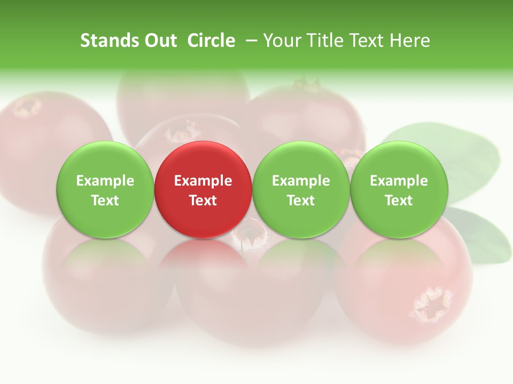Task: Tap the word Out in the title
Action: click(x=159, y=41)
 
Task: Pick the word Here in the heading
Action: click(x=410, y=41)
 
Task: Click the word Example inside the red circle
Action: click(x=203, y=181)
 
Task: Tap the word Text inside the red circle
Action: click(x=203, y=201)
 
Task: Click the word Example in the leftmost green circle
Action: click(x=105, y=181)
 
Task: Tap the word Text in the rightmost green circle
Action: click(x=399, y=201)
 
